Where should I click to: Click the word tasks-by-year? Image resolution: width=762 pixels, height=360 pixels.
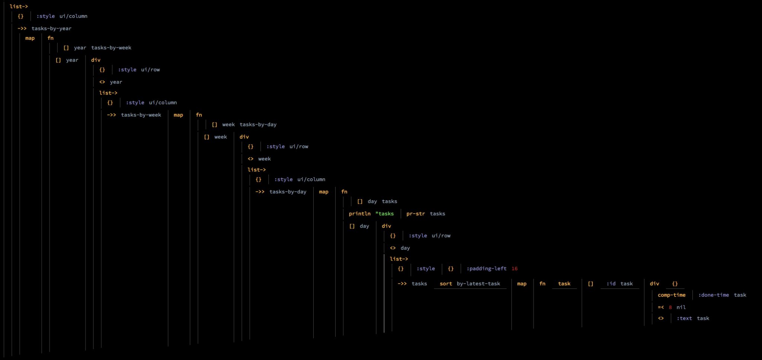pos(51,28)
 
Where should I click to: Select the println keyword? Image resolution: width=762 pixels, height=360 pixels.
pos(359,214)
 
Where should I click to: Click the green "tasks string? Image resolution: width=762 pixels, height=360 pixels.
pos(384,214)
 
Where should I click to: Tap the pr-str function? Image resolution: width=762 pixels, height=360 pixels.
pos(415,214)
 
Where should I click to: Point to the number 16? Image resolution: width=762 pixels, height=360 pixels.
pos(514,269)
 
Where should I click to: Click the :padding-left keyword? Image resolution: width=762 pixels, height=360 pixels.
pos(486,269)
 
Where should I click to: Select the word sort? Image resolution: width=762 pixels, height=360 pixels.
pos(446,284)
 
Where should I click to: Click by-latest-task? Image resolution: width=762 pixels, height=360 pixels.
pos(478,284)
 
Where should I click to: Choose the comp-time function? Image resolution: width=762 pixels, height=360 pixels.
pos(671,295)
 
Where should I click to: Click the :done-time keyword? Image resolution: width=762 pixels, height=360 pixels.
pos(713,295)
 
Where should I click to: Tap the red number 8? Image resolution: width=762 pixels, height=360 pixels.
pos(670,308)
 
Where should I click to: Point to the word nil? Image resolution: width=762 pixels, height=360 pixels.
pos(681,307)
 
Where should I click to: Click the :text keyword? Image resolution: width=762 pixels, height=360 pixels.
pos(684,318)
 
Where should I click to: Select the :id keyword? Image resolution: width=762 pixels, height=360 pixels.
pos(611,284)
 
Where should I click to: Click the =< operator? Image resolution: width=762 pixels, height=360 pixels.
pos(661,307)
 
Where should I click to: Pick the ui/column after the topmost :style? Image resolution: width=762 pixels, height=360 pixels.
pos(73,16)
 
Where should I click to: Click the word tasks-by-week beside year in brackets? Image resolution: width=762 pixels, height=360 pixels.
pos(111,48)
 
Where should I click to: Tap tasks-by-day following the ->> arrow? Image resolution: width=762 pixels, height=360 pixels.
pos(288,192)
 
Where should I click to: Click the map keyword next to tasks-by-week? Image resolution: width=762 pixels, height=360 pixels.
pos(178,115)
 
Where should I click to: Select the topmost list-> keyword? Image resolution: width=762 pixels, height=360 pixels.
pos(19,6)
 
